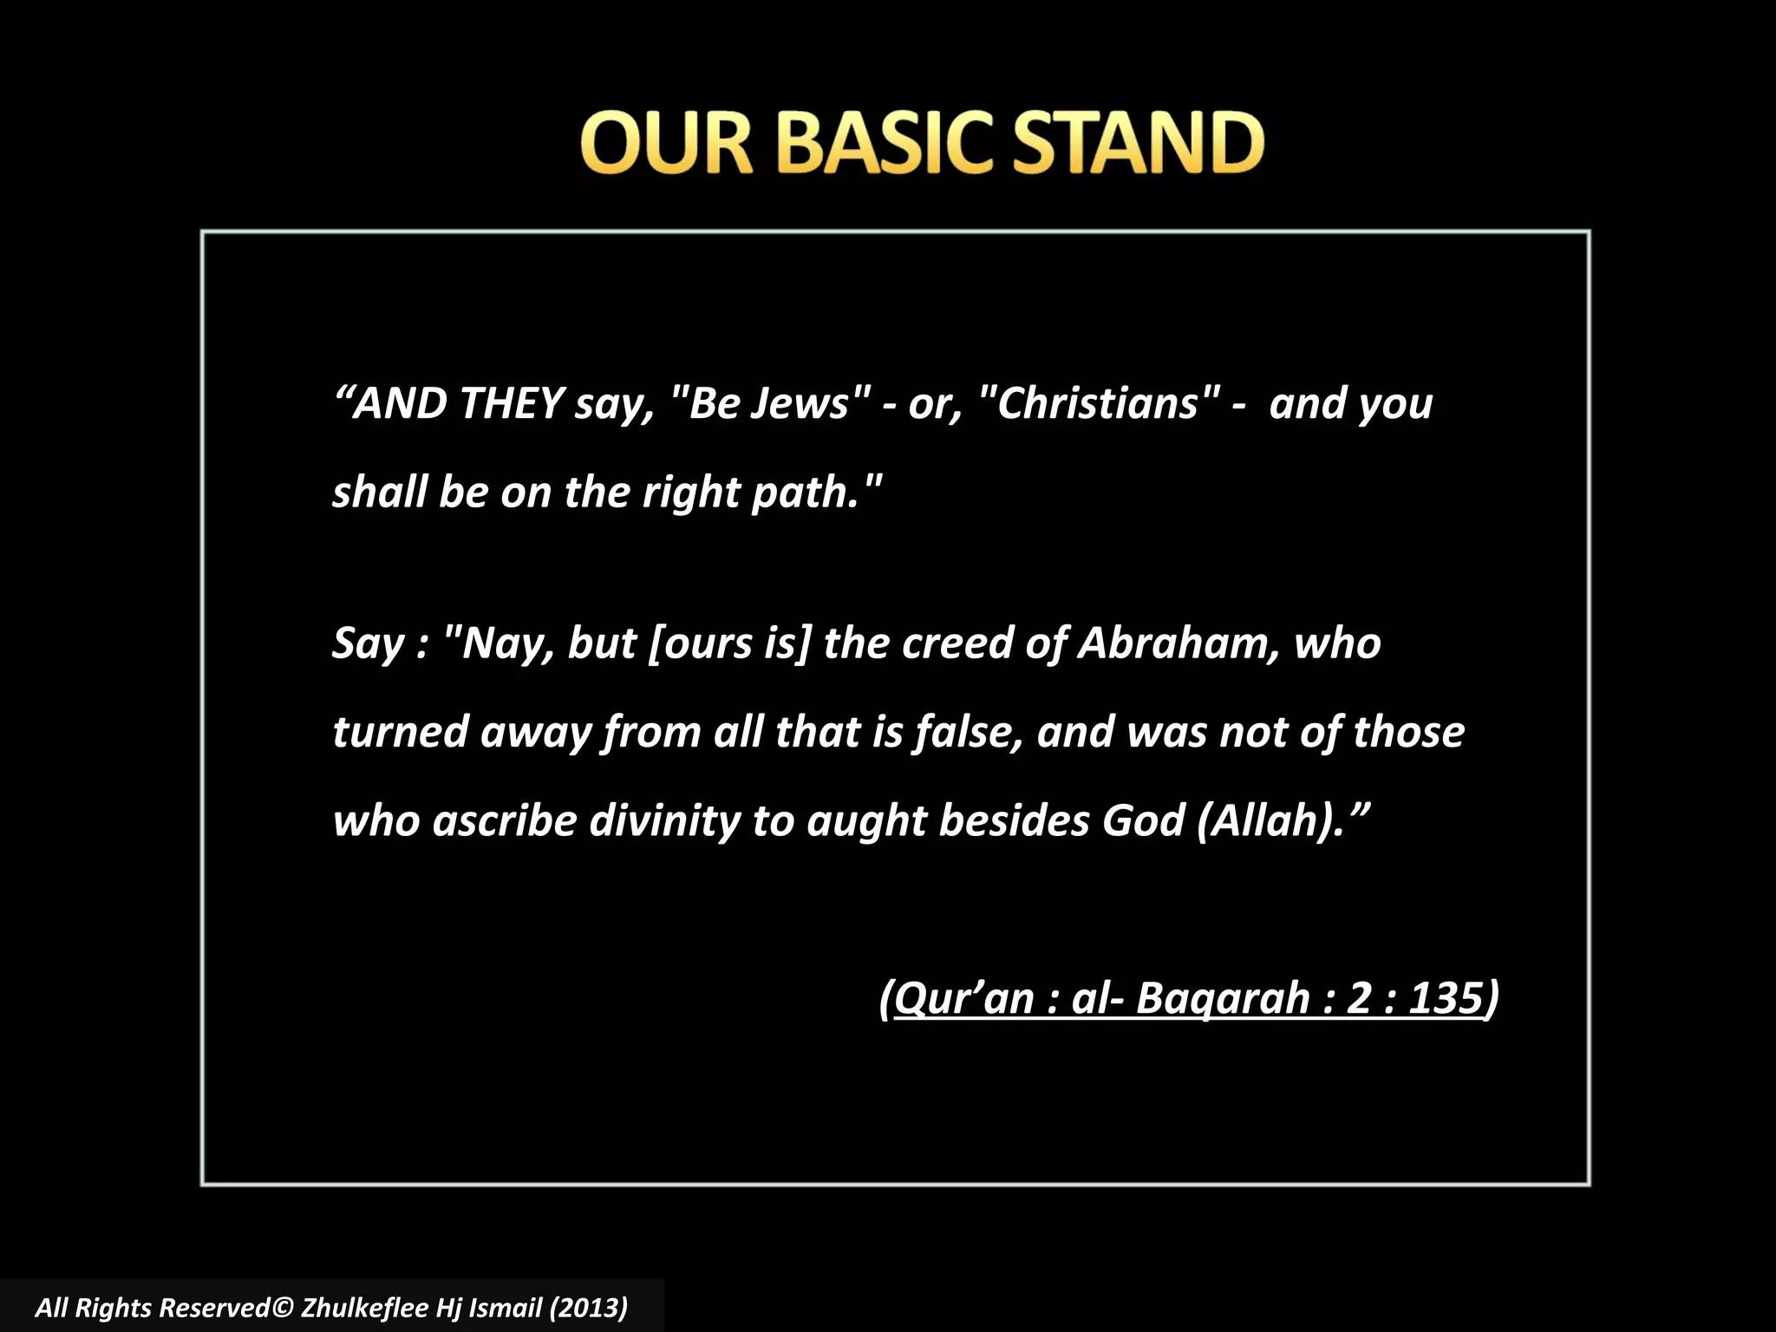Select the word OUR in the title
coord(666,143)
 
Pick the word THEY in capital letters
coord(512,403)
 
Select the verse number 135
coord(1445,998)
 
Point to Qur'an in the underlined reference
coord(964,998)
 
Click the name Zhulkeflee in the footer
coord(363,1308)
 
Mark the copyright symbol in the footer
coord(283,1308)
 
